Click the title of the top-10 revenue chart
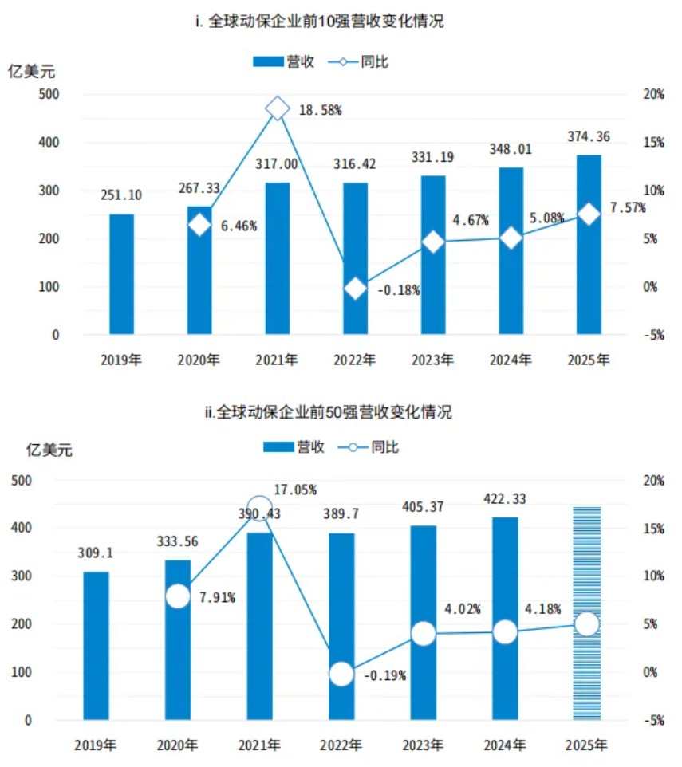[320, 22]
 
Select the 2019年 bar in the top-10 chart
[121, 273]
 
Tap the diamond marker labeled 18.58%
[277, 108]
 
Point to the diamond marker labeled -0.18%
[355, 289]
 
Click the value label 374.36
[588, 137]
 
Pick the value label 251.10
[120, 196]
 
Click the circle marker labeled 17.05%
[259, 508]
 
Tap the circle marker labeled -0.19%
[341, 674]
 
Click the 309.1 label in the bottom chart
[95, 552]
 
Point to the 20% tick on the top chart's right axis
[653, 94]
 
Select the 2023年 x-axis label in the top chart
[434, 360]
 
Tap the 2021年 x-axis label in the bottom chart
[259, 745]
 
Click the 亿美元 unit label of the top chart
[31, 73]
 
